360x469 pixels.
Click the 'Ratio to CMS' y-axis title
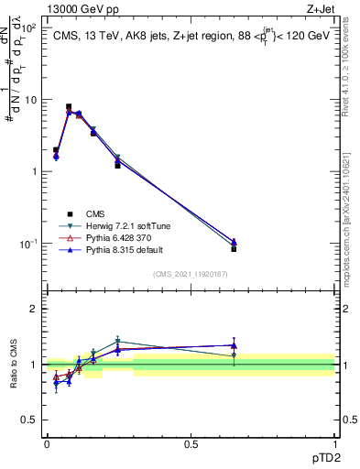click(16, 365)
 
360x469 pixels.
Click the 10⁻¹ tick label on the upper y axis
click(29, 244)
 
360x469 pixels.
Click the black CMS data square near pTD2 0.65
click(234, 249)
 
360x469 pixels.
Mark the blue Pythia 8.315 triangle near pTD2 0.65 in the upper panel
click(234, 242)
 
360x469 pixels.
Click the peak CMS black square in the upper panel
click(69, 106)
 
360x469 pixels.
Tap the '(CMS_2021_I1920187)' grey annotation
click(190, 273)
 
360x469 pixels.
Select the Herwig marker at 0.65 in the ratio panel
click(234, 355)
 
